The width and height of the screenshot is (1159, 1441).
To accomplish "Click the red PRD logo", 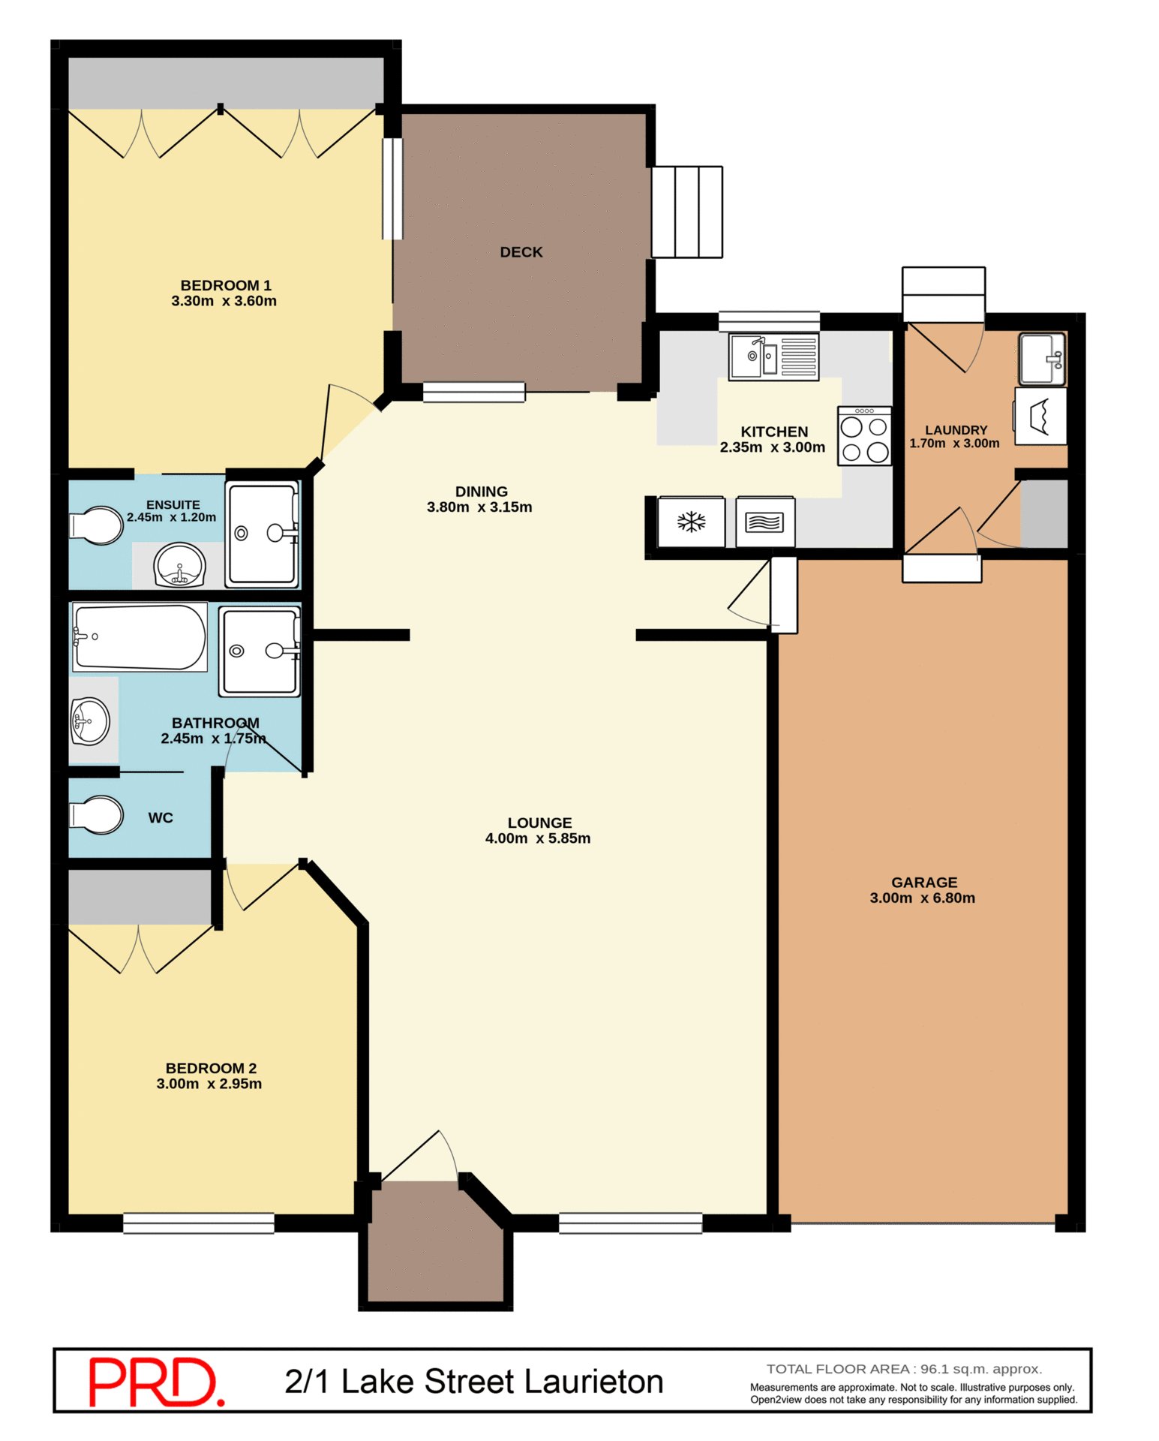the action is (x=156, y=1382).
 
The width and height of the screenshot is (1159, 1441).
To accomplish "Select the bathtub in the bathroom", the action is (x=140, y=637).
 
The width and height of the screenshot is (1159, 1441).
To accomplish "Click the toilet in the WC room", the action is (x=96, y=815).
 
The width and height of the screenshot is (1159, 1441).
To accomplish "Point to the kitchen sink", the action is (x=773, y=356).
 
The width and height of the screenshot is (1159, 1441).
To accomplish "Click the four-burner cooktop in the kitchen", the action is (x=864, y=436).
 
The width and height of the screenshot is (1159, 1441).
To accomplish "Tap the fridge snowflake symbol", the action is (x=691, y=522).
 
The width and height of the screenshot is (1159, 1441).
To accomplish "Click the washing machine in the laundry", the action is (x=1040, y=417).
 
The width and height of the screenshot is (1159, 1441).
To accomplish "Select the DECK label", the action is (x=521, y=252).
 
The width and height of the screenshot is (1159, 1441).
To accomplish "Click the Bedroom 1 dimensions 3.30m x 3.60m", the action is (x=224, y=301).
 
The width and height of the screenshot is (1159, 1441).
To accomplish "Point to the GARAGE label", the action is (x=924, y=883).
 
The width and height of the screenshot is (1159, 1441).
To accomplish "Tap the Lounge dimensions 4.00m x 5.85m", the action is (x=538, y=838).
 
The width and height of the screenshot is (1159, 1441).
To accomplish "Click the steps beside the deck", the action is (x=686, y=212).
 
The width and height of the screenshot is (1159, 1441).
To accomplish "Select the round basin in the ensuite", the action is (x=179, y=565).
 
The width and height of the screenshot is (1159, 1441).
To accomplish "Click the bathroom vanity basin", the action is (x=91, y=721).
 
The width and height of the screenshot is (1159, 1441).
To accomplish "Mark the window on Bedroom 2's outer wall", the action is (x=199, y=1223).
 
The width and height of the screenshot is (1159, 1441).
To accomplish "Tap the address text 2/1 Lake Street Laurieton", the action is (x=474, y=1382).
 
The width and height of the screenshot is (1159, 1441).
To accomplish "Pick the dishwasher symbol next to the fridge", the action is (x=764, y=522).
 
